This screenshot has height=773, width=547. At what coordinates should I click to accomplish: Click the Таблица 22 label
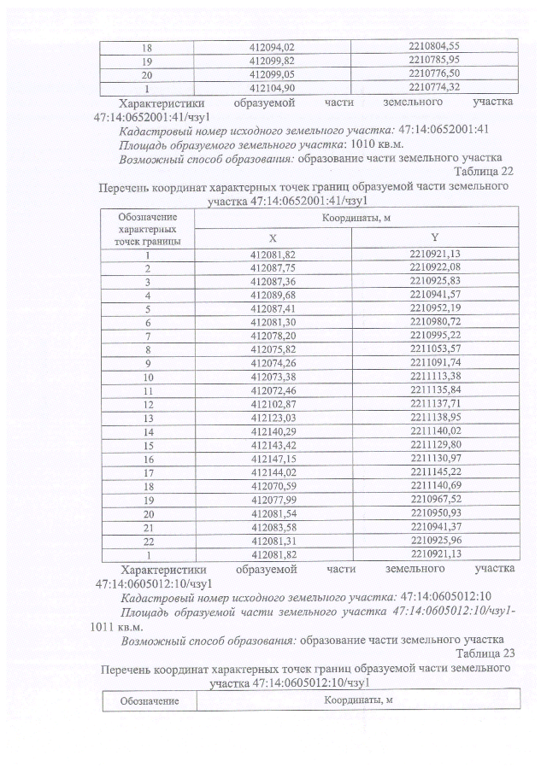[x=484, y=173]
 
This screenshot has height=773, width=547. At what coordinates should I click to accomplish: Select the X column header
[x=272, y=238]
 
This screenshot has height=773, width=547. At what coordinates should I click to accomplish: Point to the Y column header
[x=434, y=238]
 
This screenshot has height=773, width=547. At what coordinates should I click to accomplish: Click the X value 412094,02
[x=272, y=46]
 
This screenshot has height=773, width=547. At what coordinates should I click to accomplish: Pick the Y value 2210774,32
[x=434, y=87]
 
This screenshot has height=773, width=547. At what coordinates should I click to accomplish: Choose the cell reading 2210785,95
[x=434, y=60]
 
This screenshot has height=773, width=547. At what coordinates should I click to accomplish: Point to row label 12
[x=148, y=404]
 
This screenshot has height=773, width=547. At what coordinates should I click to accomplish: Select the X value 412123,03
[x=272, y=418]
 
